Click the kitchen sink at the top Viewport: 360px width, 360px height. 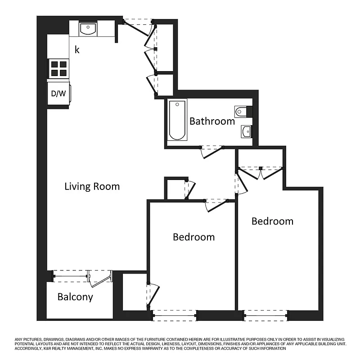(88, 29)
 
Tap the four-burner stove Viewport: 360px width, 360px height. (58, 68)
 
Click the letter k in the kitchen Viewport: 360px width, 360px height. (77, 49)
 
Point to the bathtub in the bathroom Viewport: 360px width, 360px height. (176, 120)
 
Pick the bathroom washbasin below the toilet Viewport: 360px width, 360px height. (246, 131)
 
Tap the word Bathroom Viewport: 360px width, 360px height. (212, 121)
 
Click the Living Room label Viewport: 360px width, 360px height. (92, 186)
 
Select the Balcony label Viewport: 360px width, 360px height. (75, 297)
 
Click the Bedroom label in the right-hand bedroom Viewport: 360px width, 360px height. (272, 221)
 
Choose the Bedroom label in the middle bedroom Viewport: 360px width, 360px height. (193, 237)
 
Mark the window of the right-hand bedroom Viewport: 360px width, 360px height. (265, 315)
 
